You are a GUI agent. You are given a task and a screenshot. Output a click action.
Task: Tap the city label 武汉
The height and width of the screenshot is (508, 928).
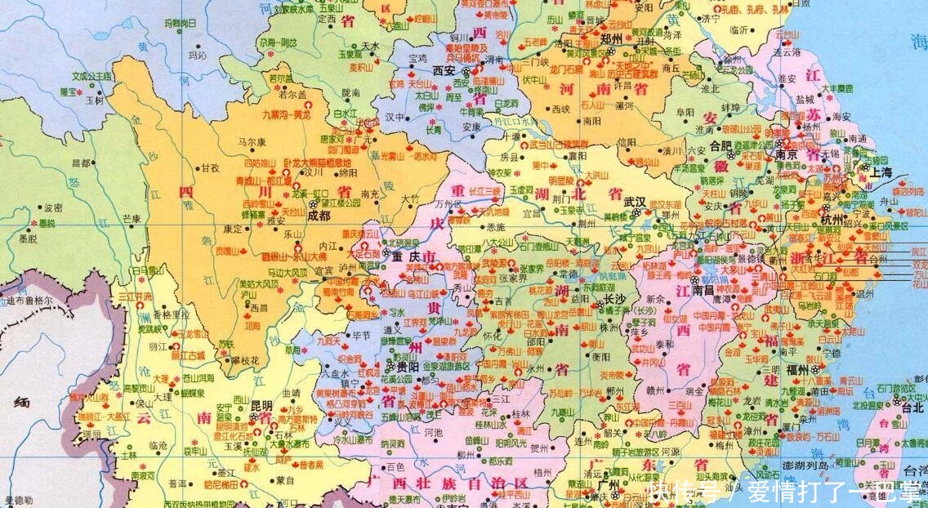pyautogui.click(x=634, y=201)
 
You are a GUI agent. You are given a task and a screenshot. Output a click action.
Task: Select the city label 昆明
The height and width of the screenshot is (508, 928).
pyautogui.click(x=263, y=404)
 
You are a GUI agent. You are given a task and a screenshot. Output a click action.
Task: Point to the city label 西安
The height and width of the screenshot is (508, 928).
pyautogui.click(x=444, y=71)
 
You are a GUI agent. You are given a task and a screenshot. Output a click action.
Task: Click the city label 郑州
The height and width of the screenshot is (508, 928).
pyautogui.click(x=611, y=38)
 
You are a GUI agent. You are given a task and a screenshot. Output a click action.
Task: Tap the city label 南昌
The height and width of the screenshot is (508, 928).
pyautogui.click(x=703, y=290)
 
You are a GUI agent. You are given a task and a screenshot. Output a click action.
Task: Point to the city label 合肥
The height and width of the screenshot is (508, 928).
pyautogui.click(x=721, y=145)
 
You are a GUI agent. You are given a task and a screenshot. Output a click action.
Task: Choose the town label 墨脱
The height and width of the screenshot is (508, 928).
pyautogui.click(x=27, y=238)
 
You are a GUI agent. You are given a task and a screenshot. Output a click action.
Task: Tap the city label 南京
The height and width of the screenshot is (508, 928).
pyautogui.click(x=787, y=154)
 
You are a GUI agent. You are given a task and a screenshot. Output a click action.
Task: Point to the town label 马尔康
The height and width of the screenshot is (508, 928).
pyautogui.click(x=252, y=141)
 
